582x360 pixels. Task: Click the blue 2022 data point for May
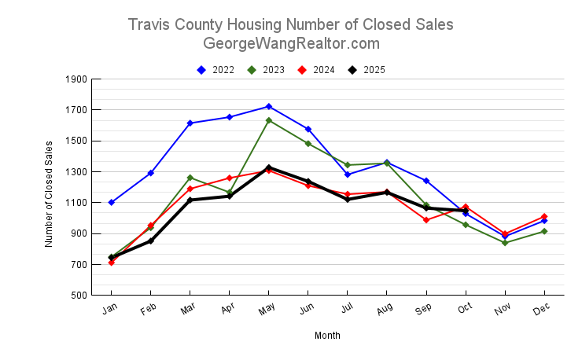(269, 106)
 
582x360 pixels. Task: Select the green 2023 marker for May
(269, 120)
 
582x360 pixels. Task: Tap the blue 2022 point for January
(112, 202)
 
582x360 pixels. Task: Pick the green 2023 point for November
(505, 243)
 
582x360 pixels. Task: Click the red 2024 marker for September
(426, 220)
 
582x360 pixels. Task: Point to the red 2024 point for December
(544, 216)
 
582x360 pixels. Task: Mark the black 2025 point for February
(151, 241)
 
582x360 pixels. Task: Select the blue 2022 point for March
(190, 123)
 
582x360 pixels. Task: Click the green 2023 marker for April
(230, 192)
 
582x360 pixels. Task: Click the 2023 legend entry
(267, 70)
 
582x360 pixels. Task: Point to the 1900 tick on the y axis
(77, 79)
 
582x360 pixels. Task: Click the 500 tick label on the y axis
(79, 296)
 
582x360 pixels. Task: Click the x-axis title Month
(328, 336)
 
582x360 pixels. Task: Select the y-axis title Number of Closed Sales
(49, 193)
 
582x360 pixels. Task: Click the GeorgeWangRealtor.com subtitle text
(291, 43)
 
